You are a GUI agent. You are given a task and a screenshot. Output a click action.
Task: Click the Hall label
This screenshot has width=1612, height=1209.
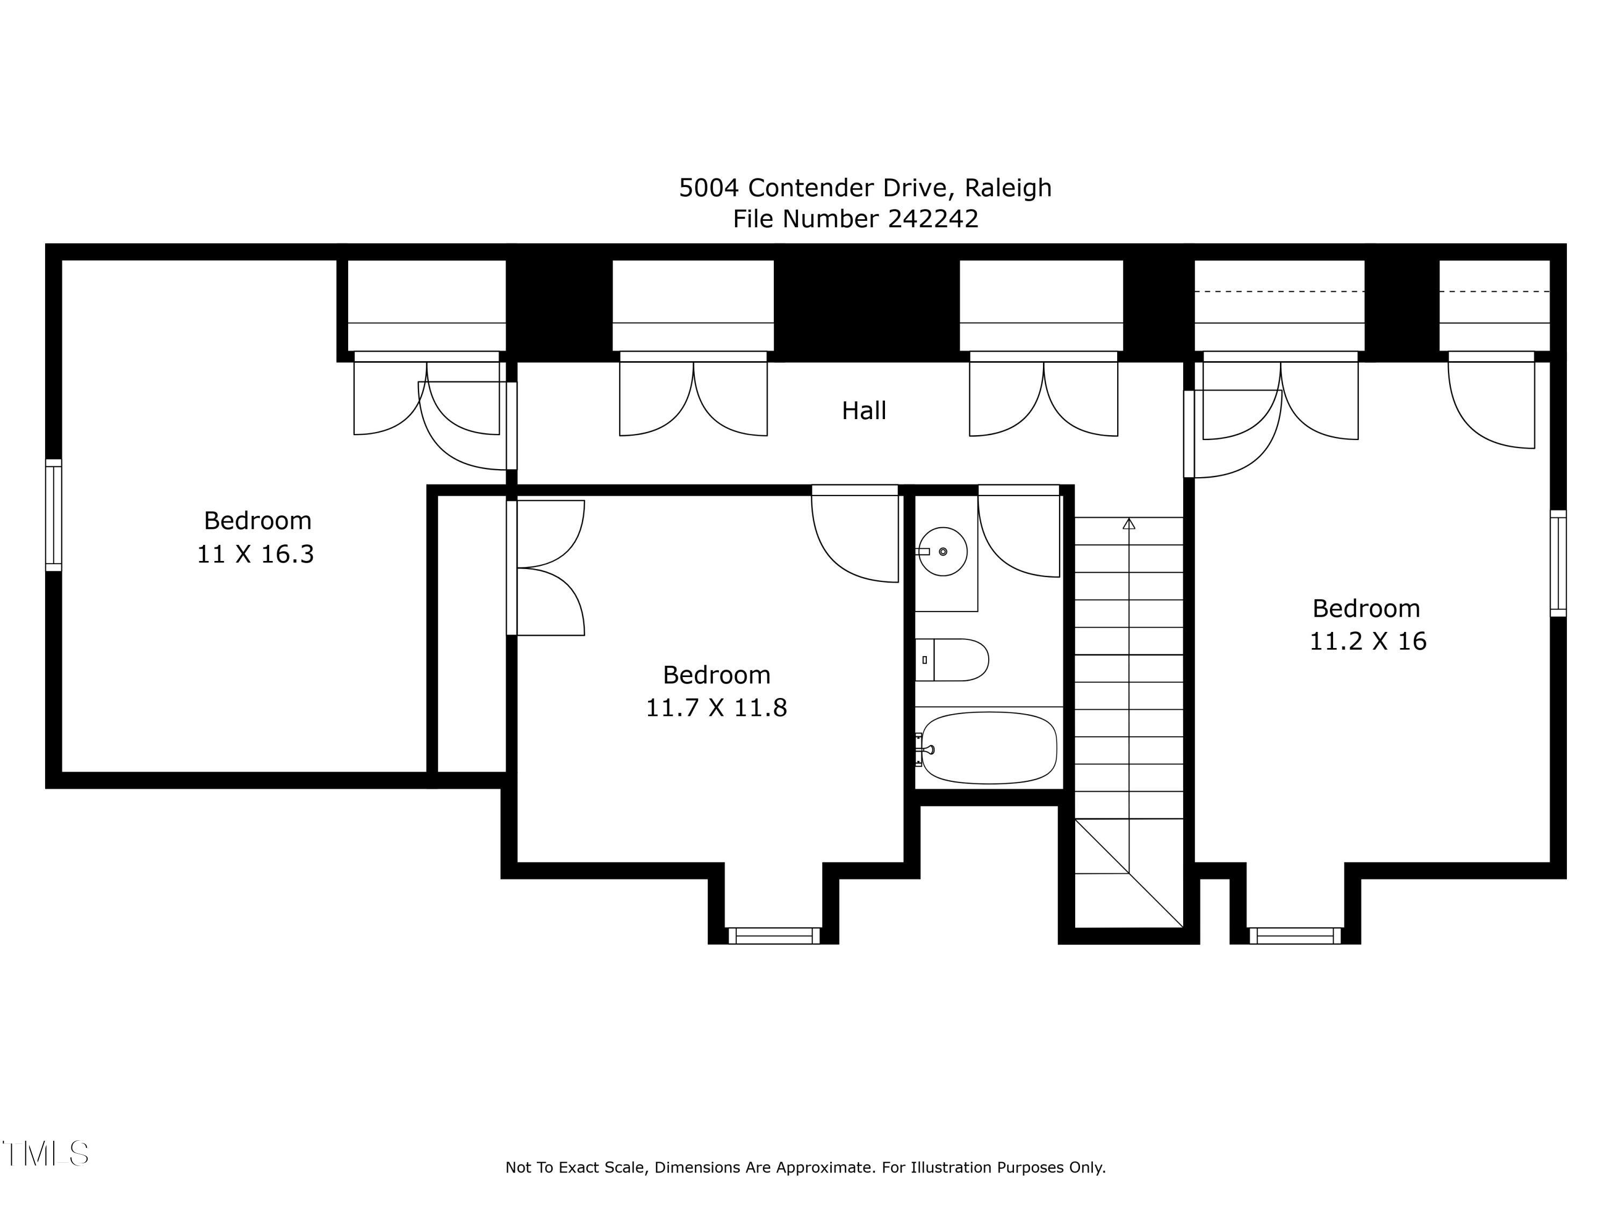[863, 411]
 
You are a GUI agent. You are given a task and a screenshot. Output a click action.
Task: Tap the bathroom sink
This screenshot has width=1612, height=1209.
[942, 552]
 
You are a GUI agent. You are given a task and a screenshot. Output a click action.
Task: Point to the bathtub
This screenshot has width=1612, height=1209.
[989, 748]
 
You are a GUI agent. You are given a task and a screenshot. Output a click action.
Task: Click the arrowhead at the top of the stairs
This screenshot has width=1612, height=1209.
[1129, 523]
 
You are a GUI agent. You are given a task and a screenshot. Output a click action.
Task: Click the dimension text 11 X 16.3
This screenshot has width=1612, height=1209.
[255, 554]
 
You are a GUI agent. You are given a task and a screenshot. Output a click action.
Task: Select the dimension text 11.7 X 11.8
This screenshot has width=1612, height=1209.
[716, 708]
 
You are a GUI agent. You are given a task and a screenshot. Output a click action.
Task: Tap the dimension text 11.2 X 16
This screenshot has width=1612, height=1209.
[1368, 641]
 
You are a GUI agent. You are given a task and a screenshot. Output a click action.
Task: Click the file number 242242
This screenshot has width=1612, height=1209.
[933, 219]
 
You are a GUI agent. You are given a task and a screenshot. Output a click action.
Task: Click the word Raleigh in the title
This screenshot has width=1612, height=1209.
[1008, 188]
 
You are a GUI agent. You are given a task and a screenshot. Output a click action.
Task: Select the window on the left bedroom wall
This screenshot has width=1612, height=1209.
[54, 515]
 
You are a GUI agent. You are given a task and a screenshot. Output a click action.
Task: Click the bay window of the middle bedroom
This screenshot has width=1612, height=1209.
[774, 935]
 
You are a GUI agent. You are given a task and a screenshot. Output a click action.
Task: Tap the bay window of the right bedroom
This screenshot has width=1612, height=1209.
[1296, 935]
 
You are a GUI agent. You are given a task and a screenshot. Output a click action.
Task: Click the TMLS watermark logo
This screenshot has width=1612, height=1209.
[45, 1154]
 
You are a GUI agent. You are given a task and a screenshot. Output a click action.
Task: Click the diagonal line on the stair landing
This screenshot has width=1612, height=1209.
[1129, 873]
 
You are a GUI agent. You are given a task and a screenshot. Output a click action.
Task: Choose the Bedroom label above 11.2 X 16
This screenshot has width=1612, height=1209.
[1366, 608]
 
